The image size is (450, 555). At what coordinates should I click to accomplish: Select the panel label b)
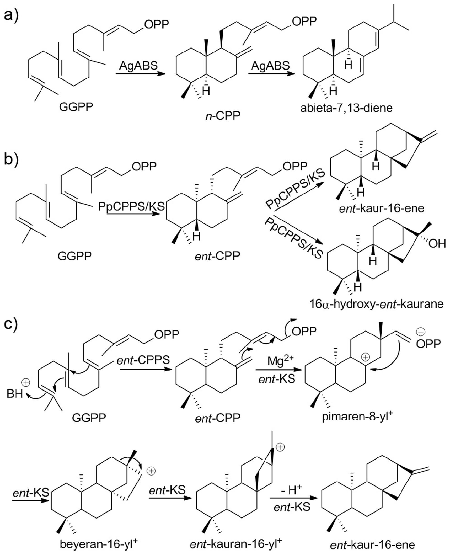pos(11,159)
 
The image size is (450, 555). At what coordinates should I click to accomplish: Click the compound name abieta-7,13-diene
pos(346,108)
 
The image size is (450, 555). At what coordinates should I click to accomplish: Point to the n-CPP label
pos(222,116)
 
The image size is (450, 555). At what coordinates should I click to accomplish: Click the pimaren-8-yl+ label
pos(357,417)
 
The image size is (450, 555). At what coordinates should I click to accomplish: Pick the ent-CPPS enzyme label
pos(143,360)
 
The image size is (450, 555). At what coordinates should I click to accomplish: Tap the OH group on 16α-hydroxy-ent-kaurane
pos(437,244)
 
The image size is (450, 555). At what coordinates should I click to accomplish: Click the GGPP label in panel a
pos(76,107)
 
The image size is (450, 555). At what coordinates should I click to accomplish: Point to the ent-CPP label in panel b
pos(217,256)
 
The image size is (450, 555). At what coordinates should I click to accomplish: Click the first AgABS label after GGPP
pos(138,66)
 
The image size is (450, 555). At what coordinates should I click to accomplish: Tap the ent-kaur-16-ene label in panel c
pos(372,545)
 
